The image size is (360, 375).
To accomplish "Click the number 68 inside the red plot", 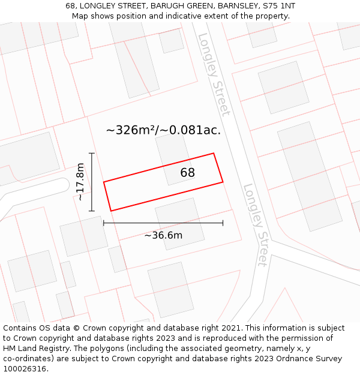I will pos(188,173).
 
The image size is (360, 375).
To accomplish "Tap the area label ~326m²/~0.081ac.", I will pos(163,130).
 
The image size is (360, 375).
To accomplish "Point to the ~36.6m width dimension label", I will pos(163,235).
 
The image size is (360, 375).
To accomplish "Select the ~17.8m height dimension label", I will pos(80,182).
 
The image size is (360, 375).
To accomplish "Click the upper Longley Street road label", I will pos(214,74).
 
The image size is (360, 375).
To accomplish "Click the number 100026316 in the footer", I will pos(25,369).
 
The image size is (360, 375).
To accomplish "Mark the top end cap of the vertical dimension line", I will pos(92,154).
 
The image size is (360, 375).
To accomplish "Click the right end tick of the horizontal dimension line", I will pos(223,223).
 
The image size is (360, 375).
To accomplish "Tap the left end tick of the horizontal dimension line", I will pos(104,223).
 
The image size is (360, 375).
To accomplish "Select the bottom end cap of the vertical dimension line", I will pos(92,211).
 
